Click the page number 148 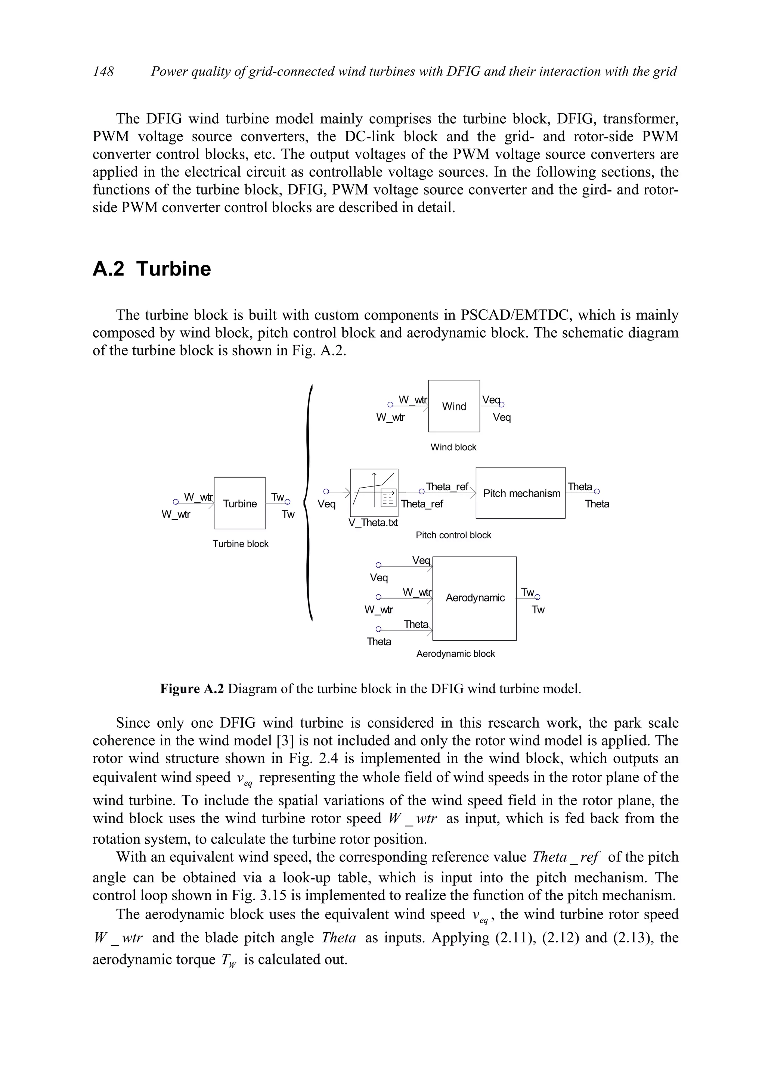coord(103,71)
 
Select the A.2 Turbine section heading coord(152,269)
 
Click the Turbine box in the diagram coord(239,503)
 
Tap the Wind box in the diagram coord(453,406)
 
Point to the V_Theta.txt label coord(373,523)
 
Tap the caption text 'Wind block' coord(453,447)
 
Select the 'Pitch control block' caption coord(453,535)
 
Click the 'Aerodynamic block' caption coord(455,654)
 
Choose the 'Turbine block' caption coord(241,544)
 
